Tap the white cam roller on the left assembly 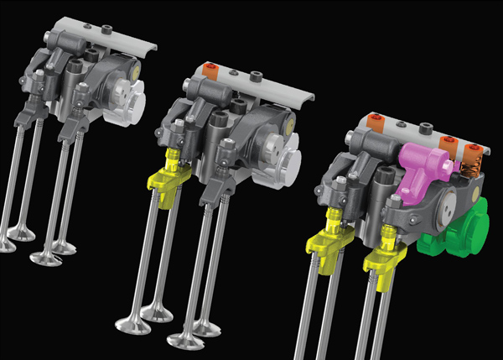click(128, 91)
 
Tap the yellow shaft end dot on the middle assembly click(290, 126)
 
